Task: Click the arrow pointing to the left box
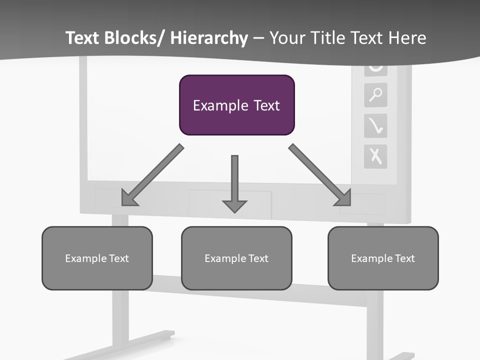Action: coord(152,175)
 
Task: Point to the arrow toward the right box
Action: coord(320,175)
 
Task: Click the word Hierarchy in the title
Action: coord(209,38)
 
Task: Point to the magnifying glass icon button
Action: coord(375,95)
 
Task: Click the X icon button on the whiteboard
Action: coord(375,156)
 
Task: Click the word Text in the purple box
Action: coord(265,105)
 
